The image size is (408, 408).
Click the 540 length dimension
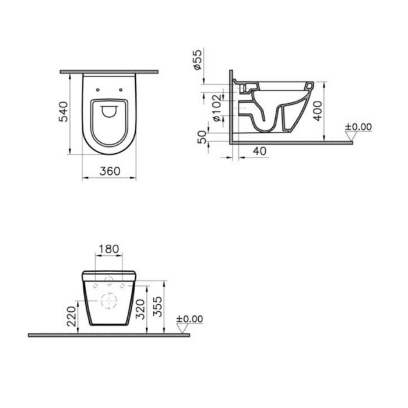63,112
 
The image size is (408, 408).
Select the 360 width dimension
110,171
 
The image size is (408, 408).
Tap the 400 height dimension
317,111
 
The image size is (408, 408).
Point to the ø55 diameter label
198,59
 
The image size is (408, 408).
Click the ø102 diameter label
217,108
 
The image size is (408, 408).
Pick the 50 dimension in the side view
202,137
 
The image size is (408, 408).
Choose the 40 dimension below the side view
260,151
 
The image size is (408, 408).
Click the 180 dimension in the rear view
109,249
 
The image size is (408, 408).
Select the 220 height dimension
71,316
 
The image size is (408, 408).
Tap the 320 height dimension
140,309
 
